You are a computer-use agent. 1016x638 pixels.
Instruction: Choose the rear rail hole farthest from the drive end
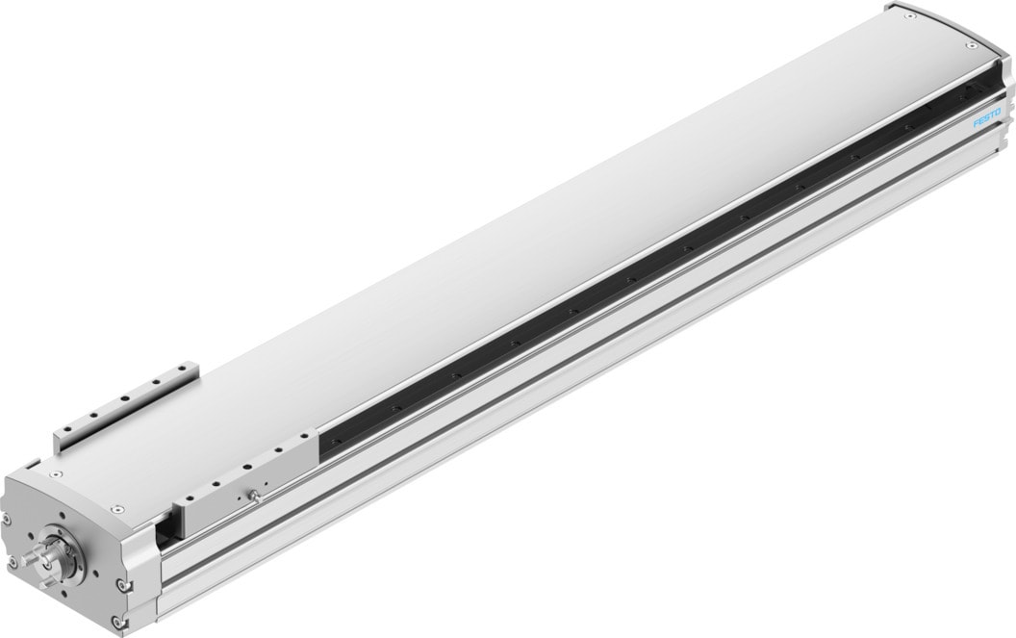coord(183,370)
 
